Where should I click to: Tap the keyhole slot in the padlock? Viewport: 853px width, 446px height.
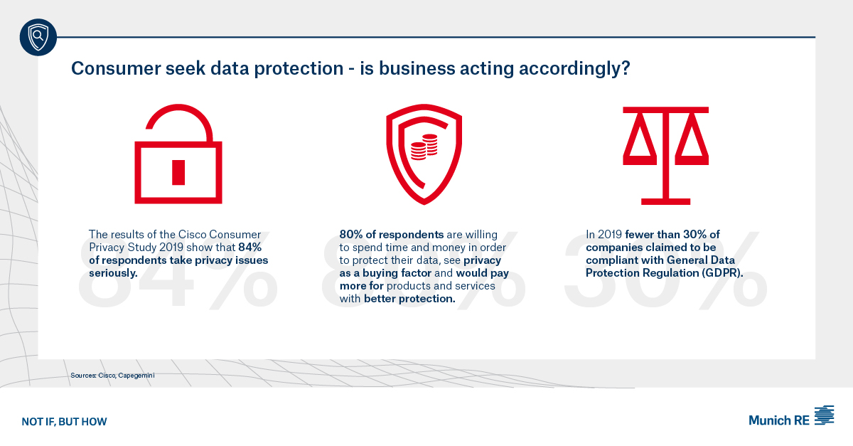coord(178,171)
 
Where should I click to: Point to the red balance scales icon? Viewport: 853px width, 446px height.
coord(665,153)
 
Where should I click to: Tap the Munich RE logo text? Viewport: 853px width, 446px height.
coord(778,420)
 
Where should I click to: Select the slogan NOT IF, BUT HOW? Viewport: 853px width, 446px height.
coord(64,422)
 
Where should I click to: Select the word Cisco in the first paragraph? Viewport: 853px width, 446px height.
coord(189,234)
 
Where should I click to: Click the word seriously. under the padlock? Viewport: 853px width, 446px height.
coord(113,273)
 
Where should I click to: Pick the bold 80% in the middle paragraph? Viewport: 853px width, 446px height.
coord(353,234)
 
